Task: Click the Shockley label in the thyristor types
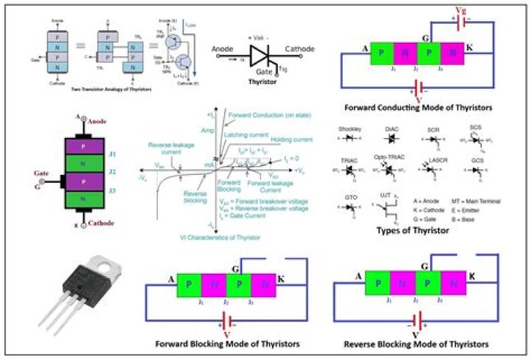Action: point(350,129)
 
